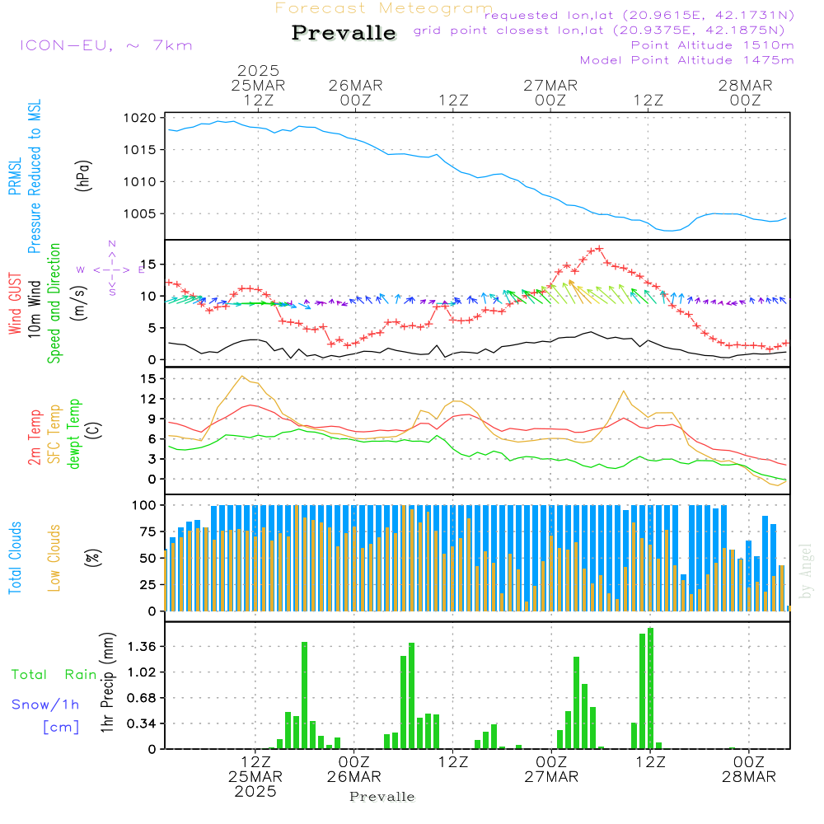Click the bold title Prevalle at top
(x=344, y=33)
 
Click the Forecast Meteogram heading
(x=384, y=8)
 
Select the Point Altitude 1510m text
(x=712, y=45)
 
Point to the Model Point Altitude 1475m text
(x=686, y=60)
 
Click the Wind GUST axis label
(x=15, y=305)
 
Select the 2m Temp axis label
(x=35, y=437)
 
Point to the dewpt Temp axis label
(x=74, y=434)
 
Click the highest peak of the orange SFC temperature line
(x=242, y=377)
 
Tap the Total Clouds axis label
(x=15, y=558)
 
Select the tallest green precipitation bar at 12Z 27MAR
(x=651, y=688)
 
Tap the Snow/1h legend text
(x=45, y=705)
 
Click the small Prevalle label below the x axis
(x=382, y=797)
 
